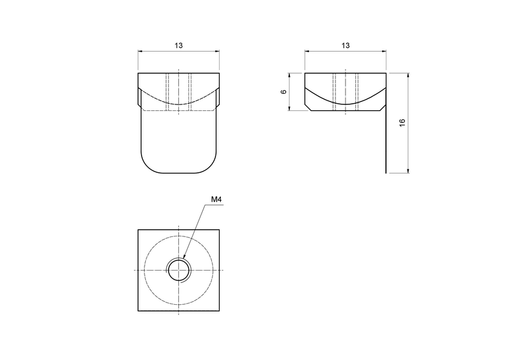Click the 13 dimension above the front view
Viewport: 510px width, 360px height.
coord(179,46)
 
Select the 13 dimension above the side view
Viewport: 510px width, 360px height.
coord(345,46)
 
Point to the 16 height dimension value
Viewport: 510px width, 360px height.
coord(403,122)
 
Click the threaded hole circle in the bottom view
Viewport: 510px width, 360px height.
coord(179,271)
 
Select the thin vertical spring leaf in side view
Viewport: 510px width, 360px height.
coord(385,138)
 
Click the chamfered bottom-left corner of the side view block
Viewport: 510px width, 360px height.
coord(307,109)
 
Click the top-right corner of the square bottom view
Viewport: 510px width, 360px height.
coord(220,230)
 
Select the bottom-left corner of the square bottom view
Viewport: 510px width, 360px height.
coord(139,311)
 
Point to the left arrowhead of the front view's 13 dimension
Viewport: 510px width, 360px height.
coord(140,52)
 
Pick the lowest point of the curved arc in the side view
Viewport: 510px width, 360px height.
coord(345,104)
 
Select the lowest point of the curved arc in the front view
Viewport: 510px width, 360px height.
coord(179,104)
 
